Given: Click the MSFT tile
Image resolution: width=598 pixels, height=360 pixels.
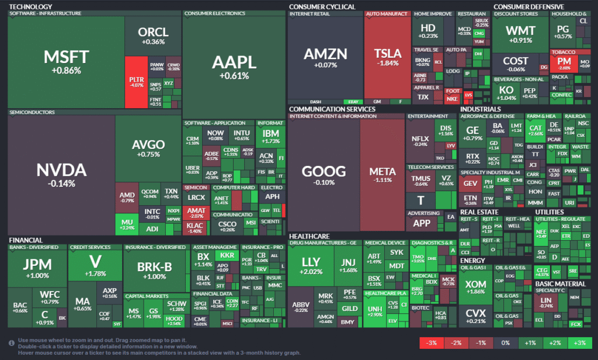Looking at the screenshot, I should pos(66,61).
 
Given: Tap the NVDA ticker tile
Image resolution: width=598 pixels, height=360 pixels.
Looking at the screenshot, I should pos(61,174).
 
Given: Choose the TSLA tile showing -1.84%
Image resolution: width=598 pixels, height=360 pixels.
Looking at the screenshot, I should pos(387,57).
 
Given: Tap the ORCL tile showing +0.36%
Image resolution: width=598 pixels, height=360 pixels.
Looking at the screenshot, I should pos(153,35).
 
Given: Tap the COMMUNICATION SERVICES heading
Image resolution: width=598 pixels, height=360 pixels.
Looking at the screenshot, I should pos(332,109).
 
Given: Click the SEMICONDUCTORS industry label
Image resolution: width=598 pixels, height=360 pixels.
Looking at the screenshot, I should pos(33,112).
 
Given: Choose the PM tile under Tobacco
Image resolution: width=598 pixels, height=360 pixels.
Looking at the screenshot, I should pos(564,62).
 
